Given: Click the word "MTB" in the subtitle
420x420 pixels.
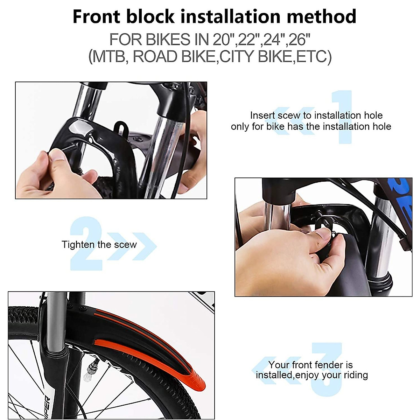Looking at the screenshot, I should [x=109, y=57].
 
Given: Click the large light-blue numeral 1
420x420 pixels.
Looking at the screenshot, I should [x=341, y=117].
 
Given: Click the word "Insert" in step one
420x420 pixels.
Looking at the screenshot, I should [x=262, y=115].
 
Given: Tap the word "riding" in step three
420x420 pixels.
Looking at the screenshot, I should [x=355, y=375].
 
